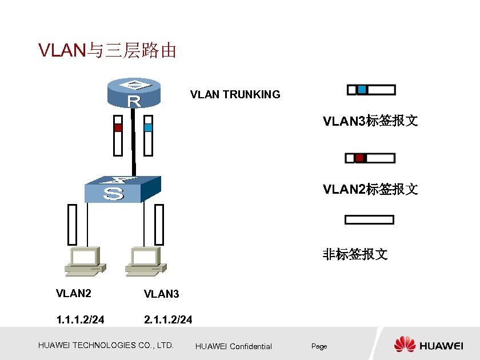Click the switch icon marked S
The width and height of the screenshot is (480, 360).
coord(122,189)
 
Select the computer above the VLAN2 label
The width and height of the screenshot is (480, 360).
coord(84,260)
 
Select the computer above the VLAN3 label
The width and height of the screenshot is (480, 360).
coord(146,260)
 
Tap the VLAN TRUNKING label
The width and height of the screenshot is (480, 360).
coord(235,95)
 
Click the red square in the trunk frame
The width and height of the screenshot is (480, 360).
coord(118,128)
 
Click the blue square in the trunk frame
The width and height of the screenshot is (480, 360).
coord(149,127)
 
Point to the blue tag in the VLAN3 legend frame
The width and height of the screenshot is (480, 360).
coord(362,90)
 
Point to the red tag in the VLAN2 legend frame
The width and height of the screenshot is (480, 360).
coord(359,158)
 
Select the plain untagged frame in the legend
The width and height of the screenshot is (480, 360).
coord(369,219)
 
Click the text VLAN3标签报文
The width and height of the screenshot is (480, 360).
coord(370,121)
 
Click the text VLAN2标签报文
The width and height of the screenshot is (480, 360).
coord(370,189)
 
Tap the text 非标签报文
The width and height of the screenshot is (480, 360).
coord(355,254)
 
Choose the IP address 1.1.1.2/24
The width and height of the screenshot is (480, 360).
coord(80,319)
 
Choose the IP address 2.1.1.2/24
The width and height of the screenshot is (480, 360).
coord(168,319)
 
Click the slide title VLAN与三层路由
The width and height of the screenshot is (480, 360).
coord(107,51)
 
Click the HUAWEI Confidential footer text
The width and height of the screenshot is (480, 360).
coord(233,346)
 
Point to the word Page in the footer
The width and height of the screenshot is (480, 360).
coord(319,346)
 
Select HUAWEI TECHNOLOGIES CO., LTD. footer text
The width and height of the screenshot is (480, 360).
coord(106,345)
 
